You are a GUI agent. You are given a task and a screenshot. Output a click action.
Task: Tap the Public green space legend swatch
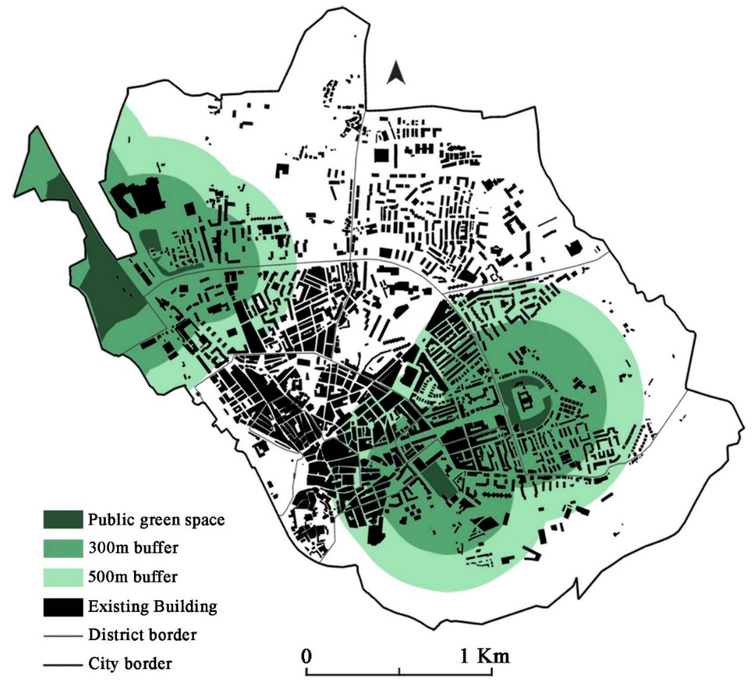pyautogui.click(x=63, y=519)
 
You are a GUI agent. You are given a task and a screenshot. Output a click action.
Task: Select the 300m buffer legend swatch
pyautogui.click(x=63, y=548)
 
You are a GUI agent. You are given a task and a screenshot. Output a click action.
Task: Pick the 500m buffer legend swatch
pyautogui.click(x=63, y=577)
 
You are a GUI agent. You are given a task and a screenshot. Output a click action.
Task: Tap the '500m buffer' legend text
pyautogui.click(x=133, y=577)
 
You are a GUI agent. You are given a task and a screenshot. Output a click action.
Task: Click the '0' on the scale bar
pyautogui.click(x=307, y=657)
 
